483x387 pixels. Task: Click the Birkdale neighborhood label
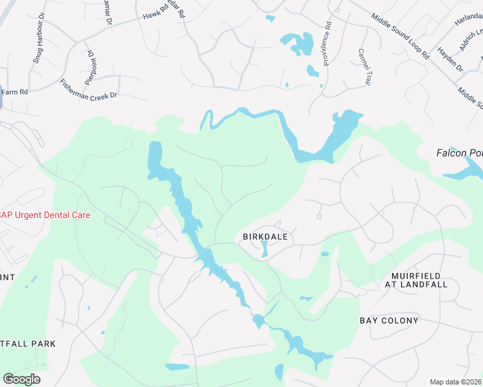pos(265,237)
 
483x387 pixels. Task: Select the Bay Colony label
pos(389,321)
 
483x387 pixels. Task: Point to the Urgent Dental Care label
pos(45,215)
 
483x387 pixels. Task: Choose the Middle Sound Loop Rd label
pos(400,35)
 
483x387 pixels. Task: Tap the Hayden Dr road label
pos(450,59)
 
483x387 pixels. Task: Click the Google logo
pos(21,379)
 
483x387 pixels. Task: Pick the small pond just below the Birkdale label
pos(264,250)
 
